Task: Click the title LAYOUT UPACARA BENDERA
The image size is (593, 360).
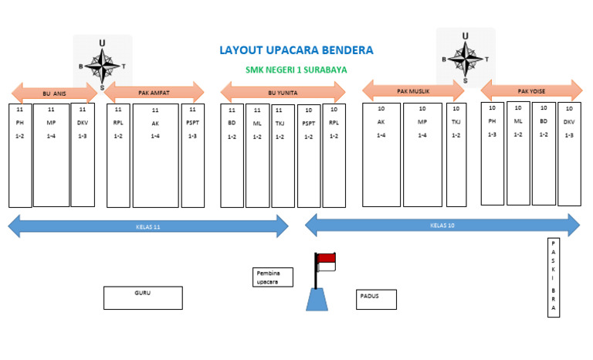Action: (x=296, y=50)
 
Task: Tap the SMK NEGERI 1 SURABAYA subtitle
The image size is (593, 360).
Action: (x=296, y=70)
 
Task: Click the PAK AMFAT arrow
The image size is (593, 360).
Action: (x=154, y=93)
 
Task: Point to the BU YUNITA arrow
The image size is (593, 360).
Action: (x=283, y=93)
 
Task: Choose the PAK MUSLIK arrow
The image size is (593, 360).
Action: (x=413, y=91)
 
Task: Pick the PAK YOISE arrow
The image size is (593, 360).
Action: (x=531, y=90)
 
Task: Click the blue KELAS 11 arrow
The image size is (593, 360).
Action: (x=147, y=226)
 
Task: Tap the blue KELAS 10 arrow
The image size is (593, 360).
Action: (x=442, y=226)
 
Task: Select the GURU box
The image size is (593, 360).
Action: (x=143, y=297)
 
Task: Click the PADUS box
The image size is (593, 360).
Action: (x=377, y=299)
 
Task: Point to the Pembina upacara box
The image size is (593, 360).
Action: (x=274, y=277)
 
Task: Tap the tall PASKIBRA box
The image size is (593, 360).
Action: (x=553, y=277)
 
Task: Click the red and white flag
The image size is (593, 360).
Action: (x=327, y=262)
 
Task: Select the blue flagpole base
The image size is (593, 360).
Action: (x=317, y=299)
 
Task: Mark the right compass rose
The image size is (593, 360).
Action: (x=465, y=56)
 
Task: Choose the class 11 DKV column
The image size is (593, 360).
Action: (x=83, y=155)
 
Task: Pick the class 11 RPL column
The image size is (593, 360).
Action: (x=118, y=155)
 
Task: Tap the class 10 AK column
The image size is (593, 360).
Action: (x=381, y=155)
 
